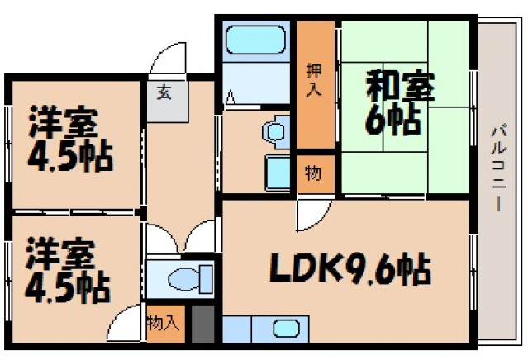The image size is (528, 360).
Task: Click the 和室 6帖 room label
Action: (x=392, y=102)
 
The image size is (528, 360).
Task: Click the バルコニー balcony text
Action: (x=497, y=165)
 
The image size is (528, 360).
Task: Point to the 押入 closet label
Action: (x=313, y=79)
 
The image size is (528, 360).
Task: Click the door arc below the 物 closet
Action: (x=310, y=212)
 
